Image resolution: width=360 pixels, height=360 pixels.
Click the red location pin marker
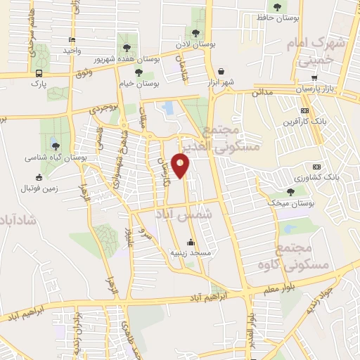[181, 166]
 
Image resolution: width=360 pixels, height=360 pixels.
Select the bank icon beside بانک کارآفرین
[304, 110]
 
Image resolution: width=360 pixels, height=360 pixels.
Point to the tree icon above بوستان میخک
[290, 192]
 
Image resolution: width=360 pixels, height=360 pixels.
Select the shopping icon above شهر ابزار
[222, 71]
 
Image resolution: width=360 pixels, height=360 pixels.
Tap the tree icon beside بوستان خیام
[138, 71]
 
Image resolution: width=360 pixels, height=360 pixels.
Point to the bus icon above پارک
[38, 72]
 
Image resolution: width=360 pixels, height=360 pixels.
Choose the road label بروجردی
[101, 109]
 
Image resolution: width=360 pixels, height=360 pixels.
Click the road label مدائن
[262, 92]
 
